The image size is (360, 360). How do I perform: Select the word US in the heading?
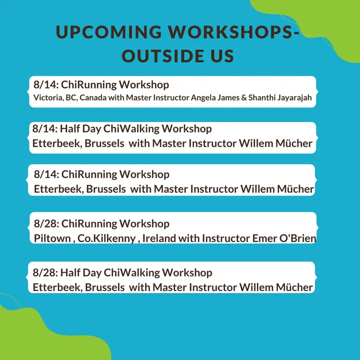click(x=222, y=56)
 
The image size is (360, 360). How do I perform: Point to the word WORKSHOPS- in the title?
click(x=233, y=32)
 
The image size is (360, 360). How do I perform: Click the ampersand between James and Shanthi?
click(x=244, y=97)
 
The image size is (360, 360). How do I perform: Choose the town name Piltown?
click(x=52, y=238)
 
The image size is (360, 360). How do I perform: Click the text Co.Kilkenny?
click(x=106, y=239)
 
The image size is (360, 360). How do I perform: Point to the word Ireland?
click(x=159, y=238)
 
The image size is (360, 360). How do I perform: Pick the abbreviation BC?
click(x=72, y=97)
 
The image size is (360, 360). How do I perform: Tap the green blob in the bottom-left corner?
click(x=41, y=338)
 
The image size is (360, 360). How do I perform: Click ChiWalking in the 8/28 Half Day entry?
click(x=131, y=273)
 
